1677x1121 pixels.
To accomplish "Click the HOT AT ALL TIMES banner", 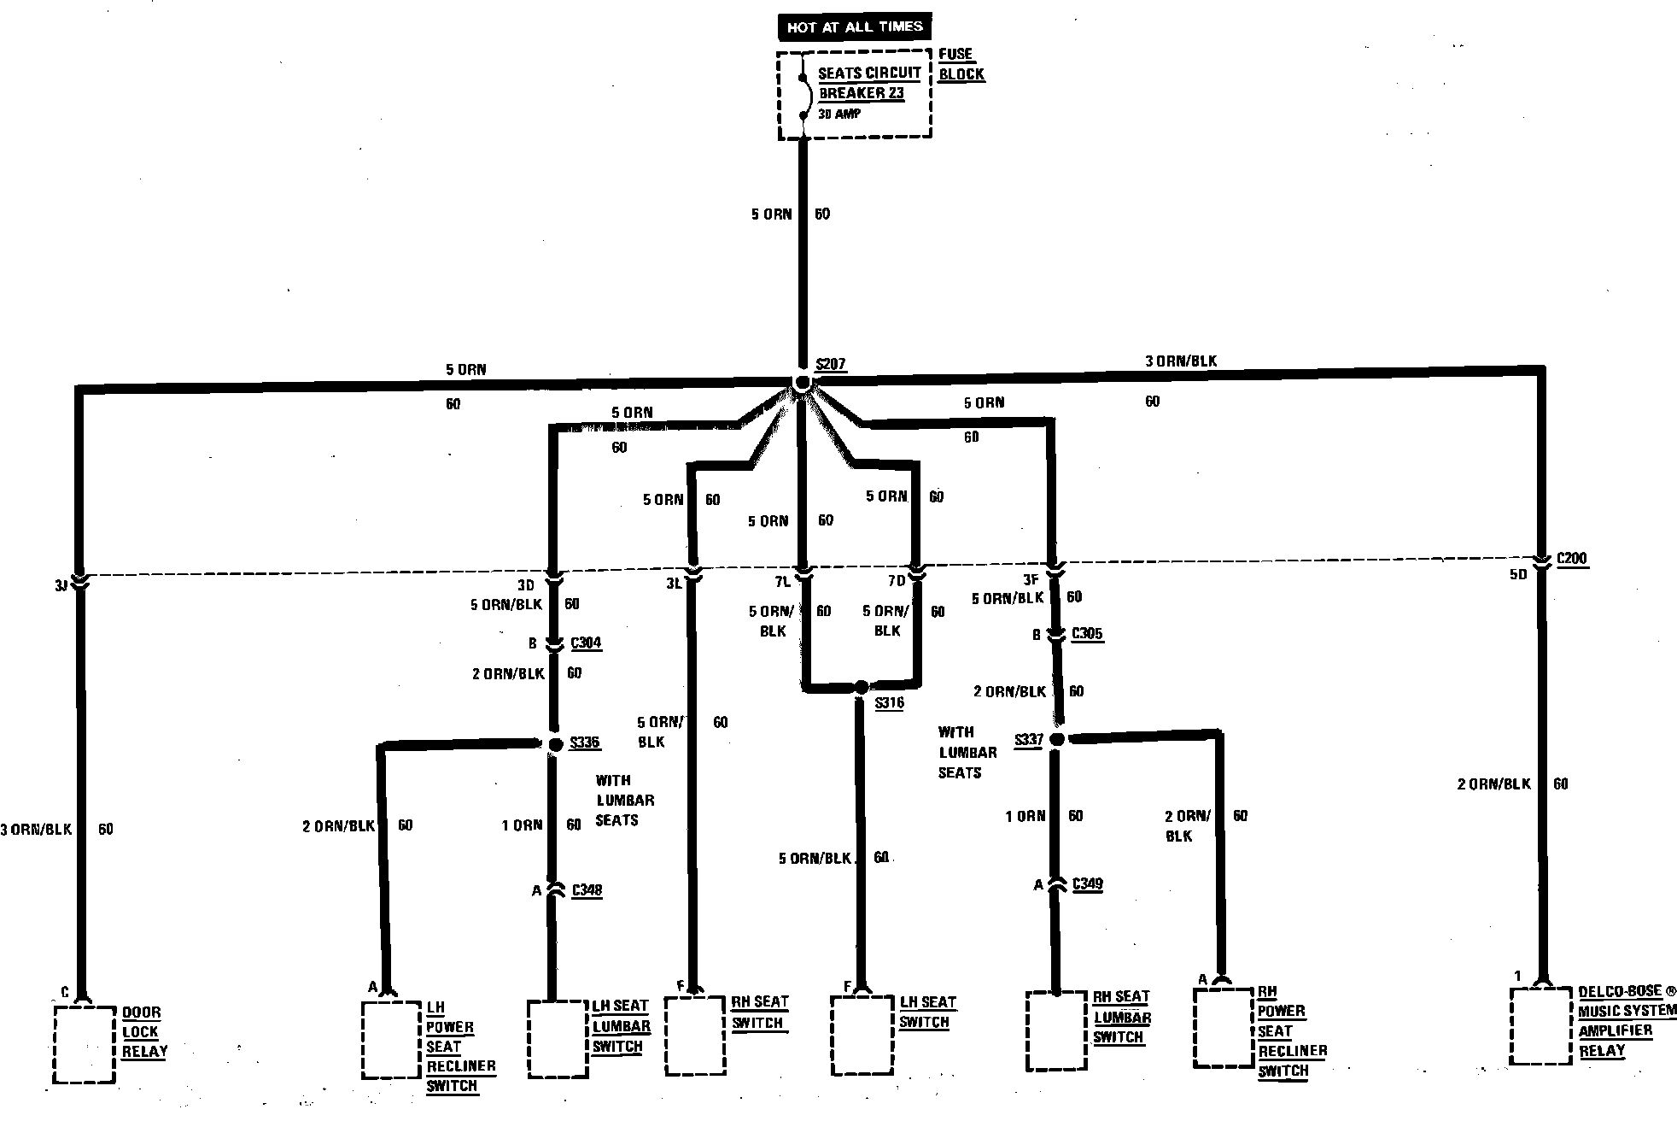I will pyautogui.click(x=854, y=27).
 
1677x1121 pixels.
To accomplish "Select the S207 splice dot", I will pyautogui.click(x=802, y=384).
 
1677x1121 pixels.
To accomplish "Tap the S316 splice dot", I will pyautogui.click(x=862, y=687).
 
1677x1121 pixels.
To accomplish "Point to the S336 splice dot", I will pyautogui.click(x=555, y=745).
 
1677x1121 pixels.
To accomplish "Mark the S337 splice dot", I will pyautogui.click(x=1056, y=739).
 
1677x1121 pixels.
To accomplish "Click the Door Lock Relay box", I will pyautogui.click(x=84, y=1044).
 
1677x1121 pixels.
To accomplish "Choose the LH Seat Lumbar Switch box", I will pyautogui.click(x=558, y=1038).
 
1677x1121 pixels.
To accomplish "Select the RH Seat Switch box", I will pyautogui.click(x=695, y=1035).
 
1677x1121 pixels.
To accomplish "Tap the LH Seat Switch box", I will pyautogui.click(x=862, y=1035).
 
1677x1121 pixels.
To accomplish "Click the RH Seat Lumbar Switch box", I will pyautogui.click(x=1056, y=1030).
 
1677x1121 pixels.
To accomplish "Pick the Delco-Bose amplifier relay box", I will pyautogui.click(x=1541, y=1025).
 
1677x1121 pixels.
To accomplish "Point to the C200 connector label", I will pyautogui.click(x=1571, y=559).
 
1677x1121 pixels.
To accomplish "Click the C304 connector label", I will pyautogui.click(x=586, y=643).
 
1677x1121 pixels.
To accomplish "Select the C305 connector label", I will pyautogui.click(x=1087, y=634).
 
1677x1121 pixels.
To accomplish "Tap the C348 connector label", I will pyautogui.click(x=587, y=890).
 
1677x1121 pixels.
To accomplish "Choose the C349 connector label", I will pyautogui.click(x=1087, y=883).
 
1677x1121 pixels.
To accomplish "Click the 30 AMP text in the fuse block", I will pyautogui.click(x=839, y=114).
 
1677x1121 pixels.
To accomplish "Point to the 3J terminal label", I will pyautogui.click(x=61, y=586).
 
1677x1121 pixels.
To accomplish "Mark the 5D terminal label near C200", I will pyautogui.click(x=1517, y=574).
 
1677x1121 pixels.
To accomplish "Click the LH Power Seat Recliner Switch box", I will pyautogui.click(x=392, y=1040).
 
